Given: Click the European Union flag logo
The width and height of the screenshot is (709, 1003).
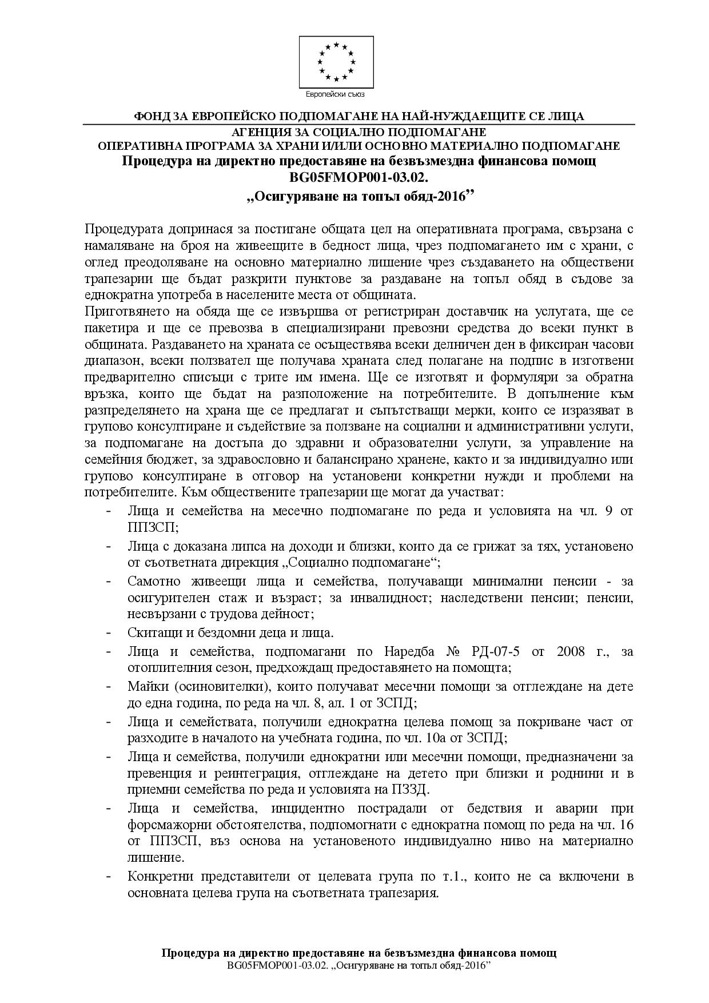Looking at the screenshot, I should [336, 61].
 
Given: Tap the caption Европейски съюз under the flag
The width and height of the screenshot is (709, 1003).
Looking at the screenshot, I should [336, 94].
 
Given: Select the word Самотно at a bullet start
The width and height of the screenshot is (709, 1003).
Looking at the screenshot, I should [150, 581].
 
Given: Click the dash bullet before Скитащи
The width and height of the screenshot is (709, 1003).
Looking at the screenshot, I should [109, 633].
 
